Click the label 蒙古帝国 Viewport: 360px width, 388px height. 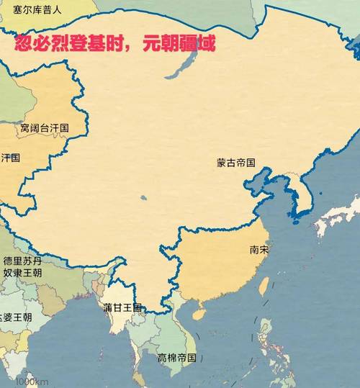click(x=236, y=163)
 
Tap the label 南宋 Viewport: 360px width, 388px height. click(x=259, y=251)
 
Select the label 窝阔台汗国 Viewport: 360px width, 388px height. click(x=45, y=128)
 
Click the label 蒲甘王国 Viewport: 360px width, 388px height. click(x=122, y=308)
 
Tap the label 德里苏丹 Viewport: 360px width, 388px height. click(x=22, y=261)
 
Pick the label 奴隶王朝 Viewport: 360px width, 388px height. click(x=22, y=273)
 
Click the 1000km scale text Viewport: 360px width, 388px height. click(x=32, y=381)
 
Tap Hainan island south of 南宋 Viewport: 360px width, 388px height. click(x=196, y=315)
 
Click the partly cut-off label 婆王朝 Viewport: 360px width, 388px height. click(x=16, y=317)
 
